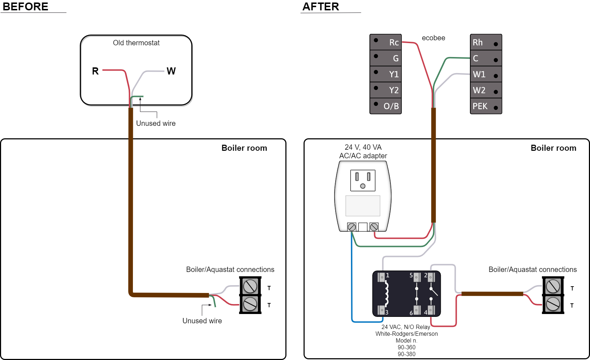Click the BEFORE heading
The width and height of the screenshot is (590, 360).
[25, 6]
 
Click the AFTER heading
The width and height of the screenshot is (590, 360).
[321, 6]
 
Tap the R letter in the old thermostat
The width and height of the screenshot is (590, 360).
[95, 71]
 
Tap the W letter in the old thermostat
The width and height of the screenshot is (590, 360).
[171, 71]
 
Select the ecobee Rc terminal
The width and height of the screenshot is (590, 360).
[386, 42]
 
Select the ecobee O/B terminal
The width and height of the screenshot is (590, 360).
[386, 106]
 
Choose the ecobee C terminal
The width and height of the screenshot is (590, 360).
[486, 58]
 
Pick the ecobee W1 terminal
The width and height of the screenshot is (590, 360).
[486, 74]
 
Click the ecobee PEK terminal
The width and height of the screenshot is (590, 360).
[486, 106]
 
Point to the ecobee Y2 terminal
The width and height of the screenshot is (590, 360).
[386, 90]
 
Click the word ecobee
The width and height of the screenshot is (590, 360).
[433, 38]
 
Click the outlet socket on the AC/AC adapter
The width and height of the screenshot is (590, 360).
[363, 180]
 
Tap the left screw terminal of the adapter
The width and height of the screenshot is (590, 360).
[352, 227]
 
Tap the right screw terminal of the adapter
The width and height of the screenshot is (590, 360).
[374, 227]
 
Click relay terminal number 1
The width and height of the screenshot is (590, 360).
[382, 277]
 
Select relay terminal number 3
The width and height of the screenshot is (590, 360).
[382, 310]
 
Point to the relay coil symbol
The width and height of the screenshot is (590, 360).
[387, 293]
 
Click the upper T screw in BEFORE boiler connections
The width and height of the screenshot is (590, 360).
[250, 286]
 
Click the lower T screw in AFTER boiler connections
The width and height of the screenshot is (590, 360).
[553, 304]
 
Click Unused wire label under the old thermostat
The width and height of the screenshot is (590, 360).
[156, 123]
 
